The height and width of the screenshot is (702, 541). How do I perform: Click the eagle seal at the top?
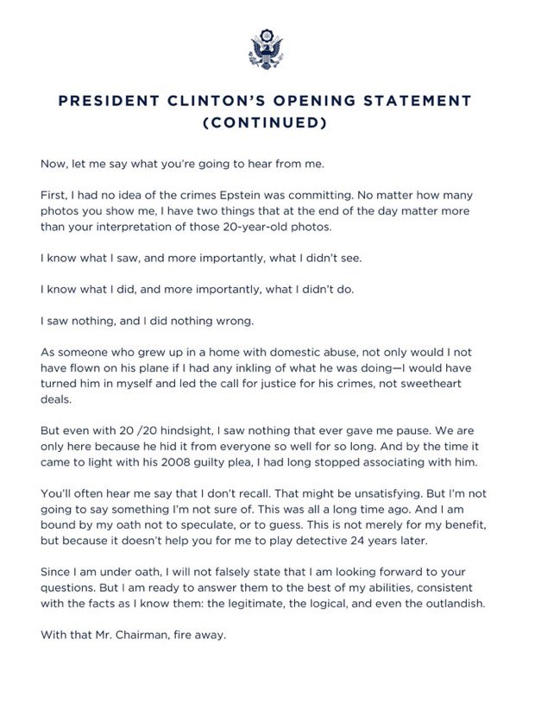pyautogui.click(x=270, y=49)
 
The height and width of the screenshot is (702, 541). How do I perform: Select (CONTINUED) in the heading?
pyautogui.click(x=270, y=123)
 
